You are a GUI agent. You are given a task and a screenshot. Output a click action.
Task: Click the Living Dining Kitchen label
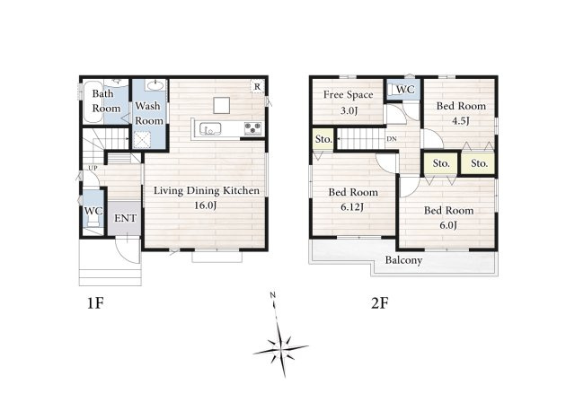[207, 191]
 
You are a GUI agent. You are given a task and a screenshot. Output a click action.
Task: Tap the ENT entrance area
[124, 218]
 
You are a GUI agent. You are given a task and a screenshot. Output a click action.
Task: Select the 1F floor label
[95, 303]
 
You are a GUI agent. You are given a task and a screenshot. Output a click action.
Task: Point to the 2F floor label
[379, 303]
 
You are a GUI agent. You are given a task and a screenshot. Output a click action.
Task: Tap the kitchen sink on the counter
[210, 129]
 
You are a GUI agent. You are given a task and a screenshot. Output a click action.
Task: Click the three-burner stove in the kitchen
[253, 128]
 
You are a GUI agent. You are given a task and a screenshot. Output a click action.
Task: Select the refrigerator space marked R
[258, 86]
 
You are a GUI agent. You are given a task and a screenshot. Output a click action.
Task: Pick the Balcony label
[403, 260]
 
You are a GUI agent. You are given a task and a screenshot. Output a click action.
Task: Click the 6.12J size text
[352, 207]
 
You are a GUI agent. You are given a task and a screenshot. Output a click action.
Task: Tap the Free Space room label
[348, 95]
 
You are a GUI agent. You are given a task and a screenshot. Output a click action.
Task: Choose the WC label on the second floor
[405, 90]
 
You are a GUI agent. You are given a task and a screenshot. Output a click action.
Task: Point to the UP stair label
[93, 168]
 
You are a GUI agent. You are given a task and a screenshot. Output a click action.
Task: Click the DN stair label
[392, 139]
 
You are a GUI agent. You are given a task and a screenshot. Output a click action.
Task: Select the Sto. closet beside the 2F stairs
[323, 139]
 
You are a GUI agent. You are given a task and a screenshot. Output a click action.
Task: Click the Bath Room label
[106, 101]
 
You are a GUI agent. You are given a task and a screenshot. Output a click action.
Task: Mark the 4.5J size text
[461, 121]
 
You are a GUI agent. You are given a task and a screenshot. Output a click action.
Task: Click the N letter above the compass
[272, 294]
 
